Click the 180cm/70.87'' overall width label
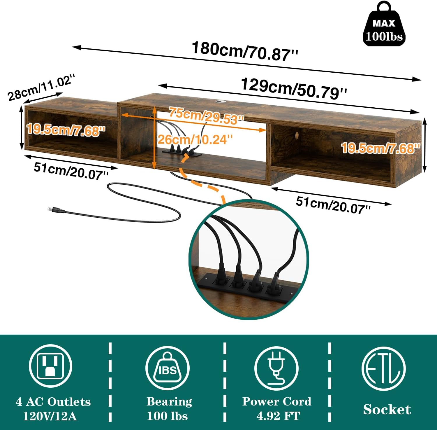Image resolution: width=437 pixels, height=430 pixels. tap(245, 52)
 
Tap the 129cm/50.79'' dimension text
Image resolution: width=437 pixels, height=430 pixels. tap(294, 88)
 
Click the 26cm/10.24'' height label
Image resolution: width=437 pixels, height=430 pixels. tap(195, 140)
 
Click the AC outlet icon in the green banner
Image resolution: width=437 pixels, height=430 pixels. tap(50, 366)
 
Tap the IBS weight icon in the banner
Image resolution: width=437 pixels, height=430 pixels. tap(167, 368)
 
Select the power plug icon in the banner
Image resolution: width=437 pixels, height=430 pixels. tap(276, 368)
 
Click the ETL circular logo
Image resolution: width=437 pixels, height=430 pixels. tap(383, 368)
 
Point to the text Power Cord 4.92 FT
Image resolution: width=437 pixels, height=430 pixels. tap(277, 408)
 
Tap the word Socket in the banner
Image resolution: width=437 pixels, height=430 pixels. tap(387, 409)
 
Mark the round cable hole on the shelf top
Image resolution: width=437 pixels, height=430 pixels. tap(219, 102)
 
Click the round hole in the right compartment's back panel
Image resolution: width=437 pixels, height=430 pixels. tap(297, 135)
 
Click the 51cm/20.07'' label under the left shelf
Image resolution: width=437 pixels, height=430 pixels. tap(71, 171)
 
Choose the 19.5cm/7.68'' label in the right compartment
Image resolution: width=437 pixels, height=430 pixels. tap(380, 148)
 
